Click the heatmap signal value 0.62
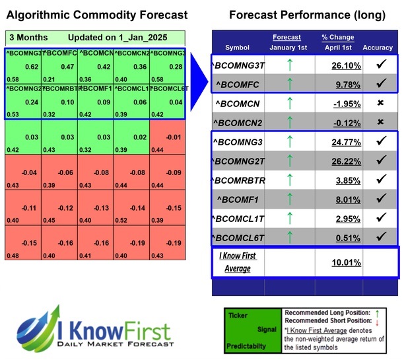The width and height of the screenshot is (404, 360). click(x=31, y=67)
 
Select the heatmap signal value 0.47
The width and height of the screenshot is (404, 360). click(x=67, y=67)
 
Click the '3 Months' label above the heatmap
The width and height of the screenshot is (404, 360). click(x=26, y=38)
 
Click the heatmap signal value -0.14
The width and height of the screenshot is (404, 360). click(x=137, y=207)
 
